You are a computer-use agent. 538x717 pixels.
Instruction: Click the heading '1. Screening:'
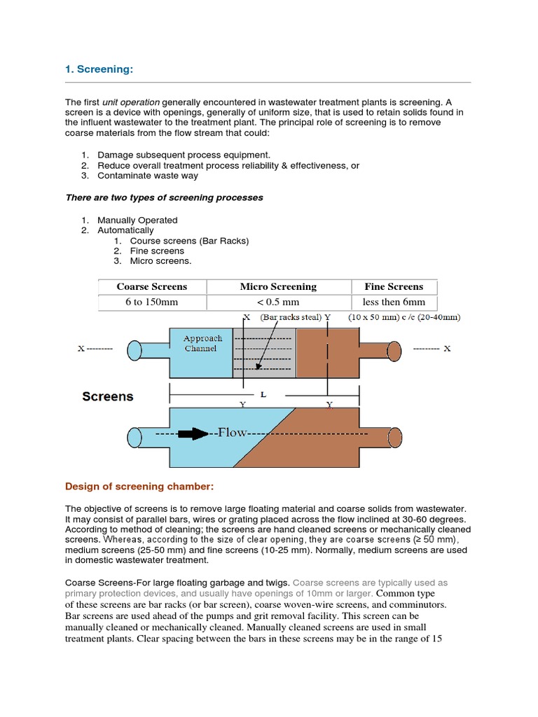[99, 69]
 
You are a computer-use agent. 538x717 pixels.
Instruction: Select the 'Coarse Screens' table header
[152, 286]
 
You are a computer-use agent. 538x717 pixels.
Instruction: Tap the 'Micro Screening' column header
[278, 286]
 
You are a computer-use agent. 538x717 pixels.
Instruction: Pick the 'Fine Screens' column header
[394, 286]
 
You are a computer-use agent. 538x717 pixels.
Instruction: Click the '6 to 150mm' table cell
[152, 302]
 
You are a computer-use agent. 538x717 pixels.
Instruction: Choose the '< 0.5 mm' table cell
[278, 302]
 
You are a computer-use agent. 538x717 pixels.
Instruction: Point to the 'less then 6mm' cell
[394, 302]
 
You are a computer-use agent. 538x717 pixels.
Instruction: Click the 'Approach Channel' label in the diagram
[202, 343]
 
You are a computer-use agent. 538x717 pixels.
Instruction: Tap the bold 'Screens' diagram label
[107, 396]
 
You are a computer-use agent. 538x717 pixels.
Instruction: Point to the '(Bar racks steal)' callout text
[291, 317]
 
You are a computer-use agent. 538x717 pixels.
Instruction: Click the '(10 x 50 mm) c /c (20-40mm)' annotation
[404, 317]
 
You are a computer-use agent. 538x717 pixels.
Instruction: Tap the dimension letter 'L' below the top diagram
[263, 395]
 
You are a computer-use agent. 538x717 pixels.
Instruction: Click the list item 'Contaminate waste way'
[148, 176]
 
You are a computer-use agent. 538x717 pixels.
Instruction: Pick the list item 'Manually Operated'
[137, 220]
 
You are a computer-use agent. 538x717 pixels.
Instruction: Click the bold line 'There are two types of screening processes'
[164, 197]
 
